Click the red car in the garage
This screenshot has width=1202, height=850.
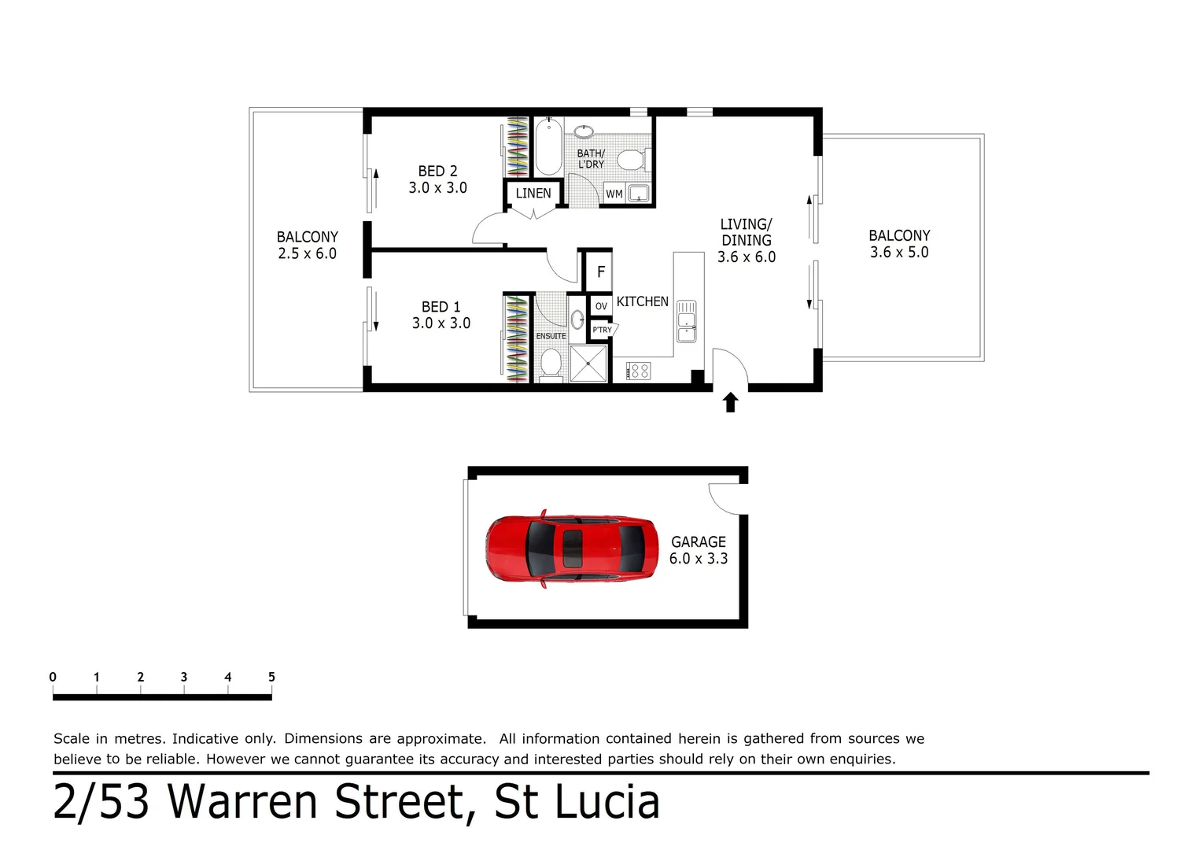click(x=572, y=549)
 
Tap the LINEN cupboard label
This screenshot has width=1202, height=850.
click(x=533, y=193)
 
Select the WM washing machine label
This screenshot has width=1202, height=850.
click(x=614, y=194)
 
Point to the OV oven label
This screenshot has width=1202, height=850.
click(x=601, y=306)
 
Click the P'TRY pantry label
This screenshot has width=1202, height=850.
click(x=602, y=330)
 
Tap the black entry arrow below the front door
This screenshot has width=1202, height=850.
click(x=730, y=403)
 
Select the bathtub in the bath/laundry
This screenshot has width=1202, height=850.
click(x=548, y=147)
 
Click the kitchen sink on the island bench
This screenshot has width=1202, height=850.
click(x=687, y=322)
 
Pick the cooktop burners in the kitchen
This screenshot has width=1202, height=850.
click(x=638, y=371)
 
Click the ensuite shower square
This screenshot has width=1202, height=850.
click(x=588, y=364)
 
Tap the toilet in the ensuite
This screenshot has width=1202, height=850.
click(x=551, y=363)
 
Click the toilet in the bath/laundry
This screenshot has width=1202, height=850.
click(x=630, y=161)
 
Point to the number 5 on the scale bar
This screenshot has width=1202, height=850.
click(x=271, y=677)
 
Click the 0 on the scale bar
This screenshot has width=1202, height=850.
click(x=53, y=677)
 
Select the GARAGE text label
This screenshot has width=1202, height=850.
click(x=699, y=541)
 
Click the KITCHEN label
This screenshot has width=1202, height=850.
click(x=643, y=301)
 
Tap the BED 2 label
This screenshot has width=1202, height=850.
click(x=437, y=171)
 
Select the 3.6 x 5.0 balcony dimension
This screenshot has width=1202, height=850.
click(x=899, y=253)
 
